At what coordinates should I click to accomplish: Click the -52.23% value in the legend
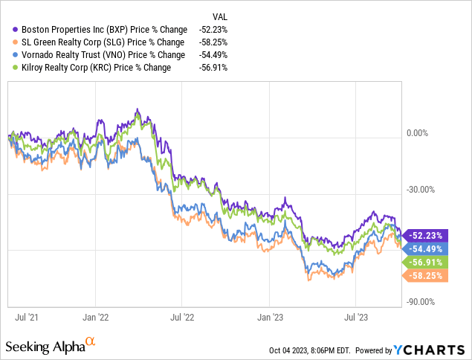coord(213,28)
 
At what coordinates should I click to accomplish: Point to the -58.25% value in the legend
coord(213,42)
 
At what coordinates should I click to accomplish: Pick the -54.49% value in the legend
coord(213,54)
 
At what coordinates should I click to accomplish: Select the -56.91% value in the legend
coord(213,68)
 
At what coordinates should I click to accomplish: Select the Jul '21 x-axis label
coord(27,316)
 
